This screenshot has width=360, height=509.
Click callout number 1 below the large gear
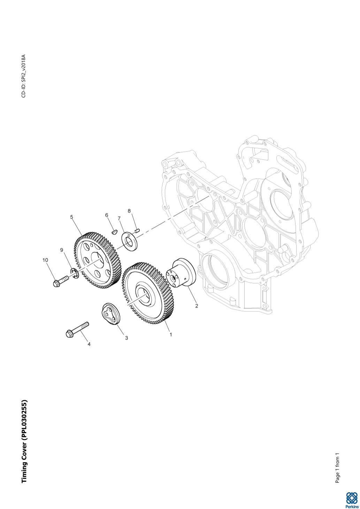[171, 334]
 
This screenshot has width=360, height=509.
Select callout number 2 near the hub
[197, 306]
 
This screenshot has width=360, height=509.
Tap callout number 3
[127, 338]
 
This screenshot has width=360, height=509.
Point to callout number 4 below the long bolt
[89, 344]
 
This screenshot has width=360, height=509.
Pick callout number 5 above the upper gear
[72, 217]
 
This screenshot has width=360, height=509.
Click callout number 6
[107, 215]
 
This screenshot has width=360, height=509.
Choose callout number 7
[119, 218]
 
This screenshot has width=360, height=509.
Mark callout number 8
[129, 211]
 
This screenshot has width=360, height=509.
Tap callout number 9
[62, 250]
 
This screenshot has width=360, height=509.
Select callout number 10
[45, 260]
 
